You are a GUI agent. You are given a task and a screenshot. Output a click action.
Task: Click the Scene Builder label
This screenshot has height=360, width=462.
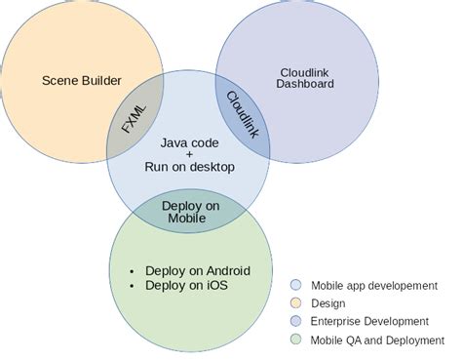click(x=81, y=79)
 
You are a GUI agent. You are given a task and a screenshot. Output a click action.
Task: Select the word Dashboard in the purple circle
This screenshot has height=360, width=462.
click(x=304, y=85)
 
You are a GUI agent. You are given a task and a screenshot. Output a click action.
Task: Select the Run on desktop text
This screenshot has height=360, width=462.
click(x=189, y=167)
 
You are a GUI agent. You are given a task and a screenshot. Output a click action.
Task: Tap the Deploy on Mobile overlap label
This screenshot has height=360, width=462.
click(x=189, y=212)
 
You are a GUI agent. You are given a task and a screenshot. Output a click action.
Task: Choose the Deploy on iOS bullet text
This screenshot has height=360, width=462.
click(x=184, y=285)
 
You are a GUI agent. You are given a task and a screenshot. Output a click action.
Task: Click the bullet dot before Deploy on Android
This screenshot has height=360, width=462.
click(x=133, y=270)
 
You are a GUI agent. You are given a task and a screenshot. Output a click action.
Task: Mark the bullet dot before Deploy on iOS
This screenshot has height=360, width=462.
click(x=133, y=285)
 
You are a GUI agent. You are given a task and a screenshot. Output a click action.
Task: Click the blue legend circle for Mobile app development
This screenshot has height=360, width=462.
click(x=296, y=285)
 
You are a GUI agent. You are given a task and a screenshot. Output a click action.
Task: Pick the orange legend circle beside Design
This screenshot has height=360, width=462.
click(x=296, y=303)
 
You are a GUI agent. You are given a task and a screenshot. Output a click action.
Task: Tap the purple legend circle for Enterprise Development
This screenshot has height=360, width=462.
click(x=296, y=321)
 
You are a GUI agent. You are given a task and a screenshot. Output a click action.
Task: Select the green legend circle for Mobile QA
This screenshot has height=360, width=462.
click(x=296, y=340)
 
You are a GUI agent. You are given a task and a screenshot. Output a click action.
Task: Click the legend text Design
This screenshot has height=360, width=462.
click(x=328, y=303)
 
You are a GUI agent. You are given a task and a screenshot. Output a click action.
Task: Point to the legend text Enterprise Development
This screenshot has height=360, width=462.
click(x=369, y=321)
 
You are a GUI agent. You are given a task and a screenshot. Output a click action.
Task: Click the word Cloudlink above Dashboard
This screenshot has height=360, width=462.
click(x=304, y=71)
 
